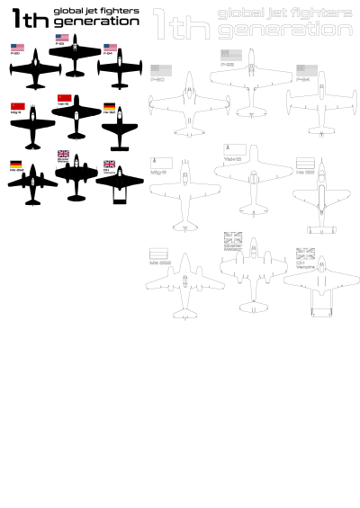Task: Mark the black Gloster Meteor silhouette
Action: point(76,179)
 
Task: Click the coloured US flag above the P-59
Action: point(62,37)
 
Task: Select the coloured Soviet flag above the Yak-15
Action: point(64,96)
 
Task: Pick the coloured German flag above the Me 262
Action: point(15,164)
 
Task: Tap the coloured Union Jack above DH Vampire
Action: point(109,164)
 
